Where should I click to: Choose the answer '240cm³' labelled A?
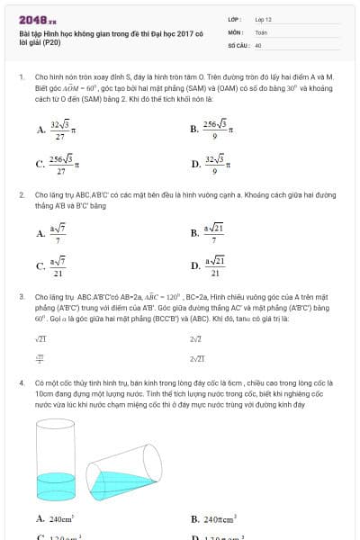coord(55,519)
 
